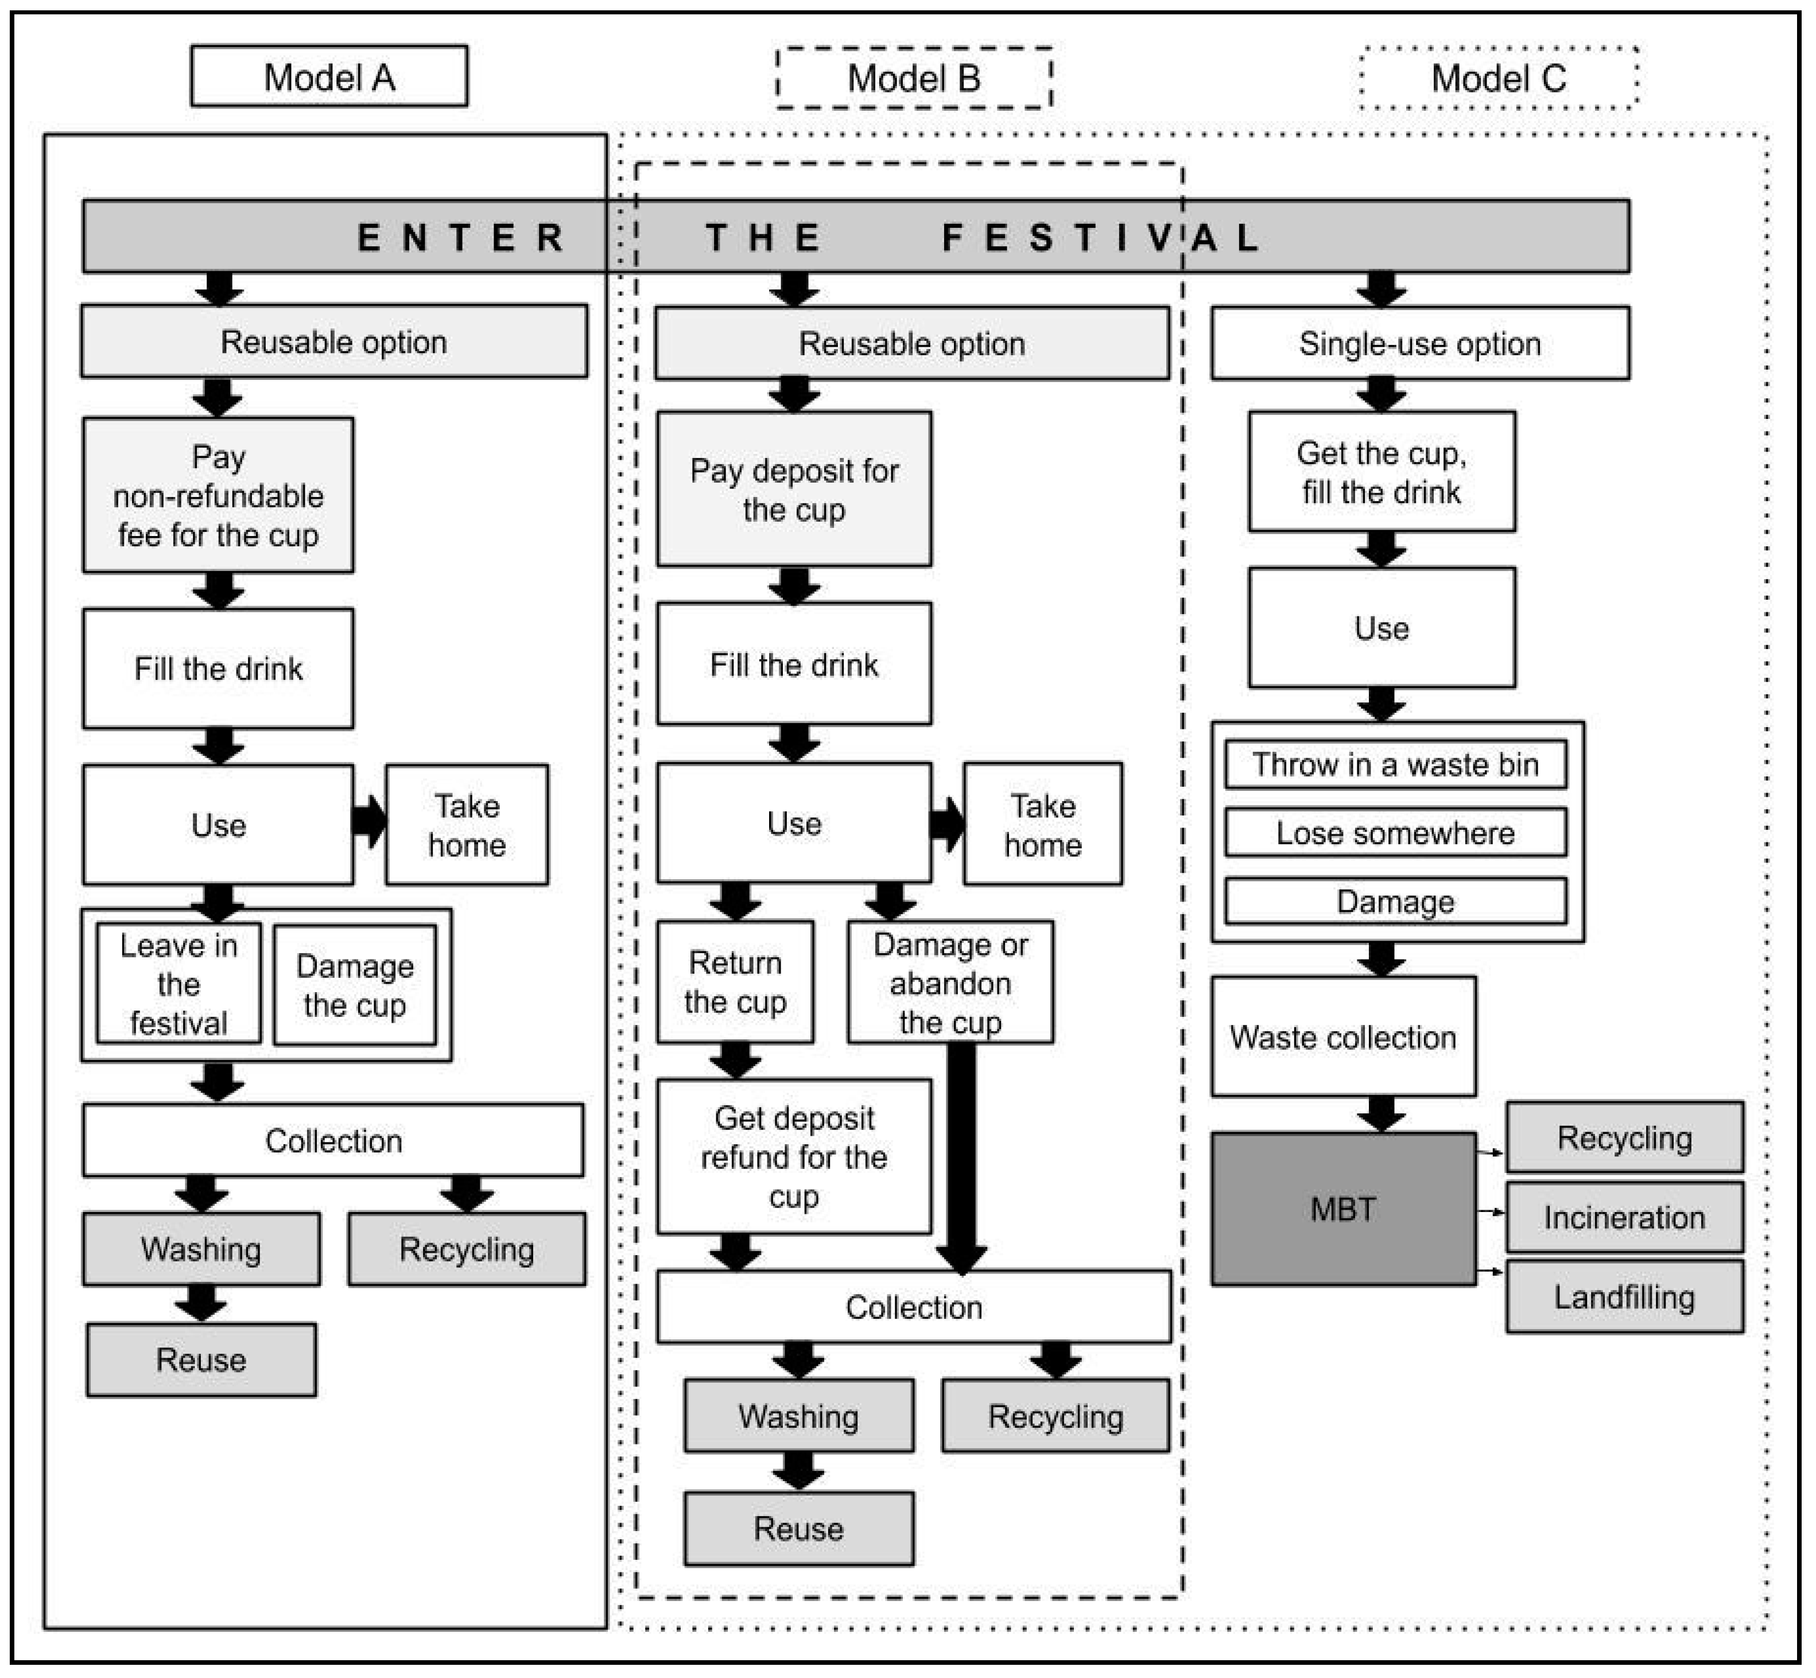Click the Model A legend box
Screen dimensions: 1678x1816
329,77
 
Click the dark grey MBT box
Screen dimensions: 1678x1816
1343,1209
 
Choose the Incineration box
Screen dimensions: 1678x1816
1624,1217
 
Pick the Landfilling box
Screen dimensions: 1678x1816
1624,1296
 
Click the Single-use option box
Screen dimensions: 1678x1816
1419,343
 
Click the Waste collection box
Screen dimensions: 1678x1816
1343,1037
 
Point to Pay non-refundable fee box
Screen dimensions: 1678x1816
218,495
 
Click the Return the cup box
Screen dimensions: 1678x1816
735,981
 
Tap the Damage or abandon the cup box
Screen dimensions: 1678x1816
950,981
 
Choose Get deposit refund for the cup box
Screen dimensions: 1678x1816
794,1157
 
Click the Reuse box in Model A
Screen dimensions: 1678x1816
201,1360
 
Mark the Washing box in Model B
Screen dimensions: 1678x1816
798,1416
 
